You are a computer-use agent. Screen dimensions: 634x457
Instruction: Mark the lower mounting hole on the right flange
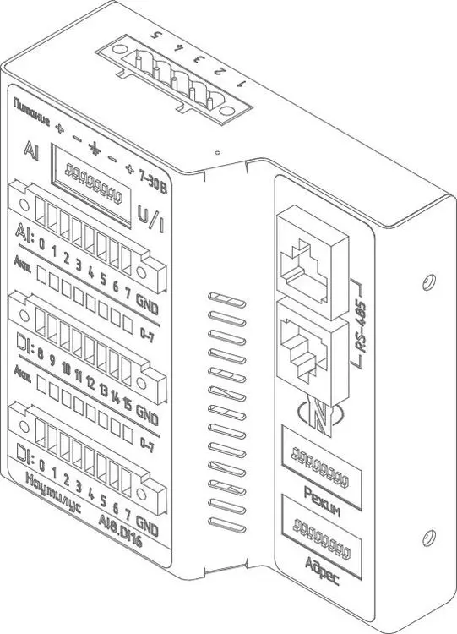coord(428,535)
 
